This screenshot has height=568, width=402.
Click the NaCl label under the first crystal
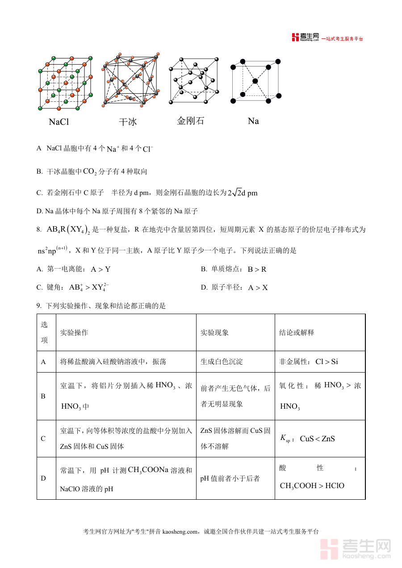pos(59,122)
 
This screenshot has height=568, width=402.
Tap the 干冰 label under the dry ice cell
pos(127,122)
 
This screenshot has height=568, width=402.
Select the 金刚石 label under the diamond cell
pos(190,120)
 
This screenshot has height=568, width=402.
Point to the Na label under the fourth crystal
pos(253,121)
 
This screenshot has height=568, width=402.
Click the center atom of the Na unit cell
pos(255,81)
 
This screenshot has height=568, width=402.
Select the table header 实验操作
pos(74,332)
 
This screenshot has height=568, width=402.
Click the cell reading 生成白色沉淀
pos(222,361)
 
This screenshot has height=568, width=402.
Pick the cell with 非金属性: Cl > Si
pos(309,361)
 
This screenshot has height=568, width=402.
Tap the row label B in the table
pos(43,396)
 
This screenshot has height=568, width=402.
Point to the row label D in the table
pos(43,478)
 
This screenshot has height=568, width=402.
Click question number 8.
pos(39,230)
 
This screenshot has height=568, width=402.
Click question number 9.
pos(39,306)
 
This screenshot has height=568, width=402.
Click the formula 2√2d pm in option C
pos(242,193)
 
